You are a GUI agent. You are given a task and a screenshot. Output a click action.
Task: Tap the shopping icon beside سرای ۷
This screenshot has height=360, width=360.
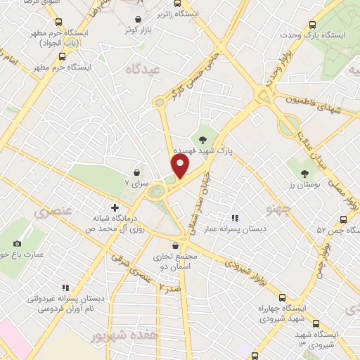point(137,172)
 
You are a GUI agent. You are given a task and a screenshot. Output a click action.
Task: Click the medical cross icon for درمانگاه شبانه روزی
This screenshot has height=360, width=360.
point(115,208)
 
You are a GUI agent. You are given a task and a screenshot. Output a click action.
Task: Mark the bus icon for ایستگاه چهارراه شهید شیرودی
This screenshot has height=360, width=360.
point(281,298)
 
